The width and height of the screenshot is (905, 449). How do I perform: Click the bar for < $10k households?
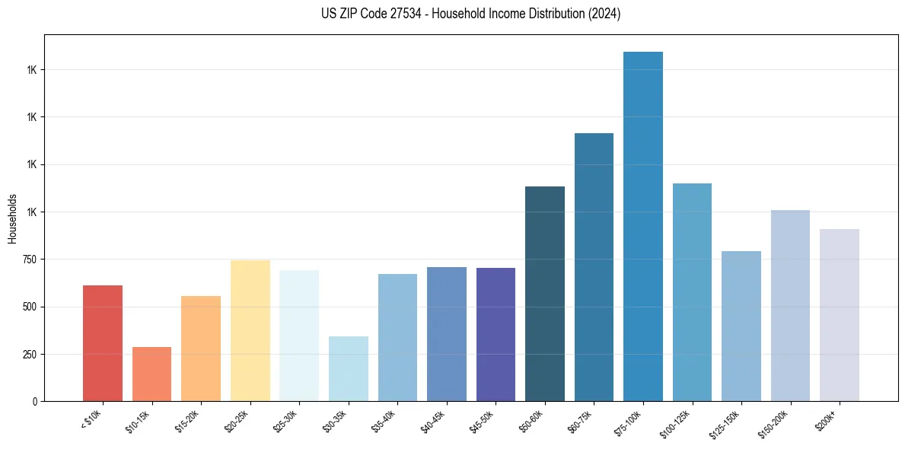click(103, 343)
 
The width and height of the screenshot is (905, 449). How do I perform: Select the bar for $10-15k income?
click(151, 374)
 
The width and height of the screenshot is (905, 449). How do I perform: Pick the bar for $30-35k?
click(349, 368)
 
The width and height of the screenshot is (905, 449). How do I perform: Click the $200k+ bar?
click(840, 315)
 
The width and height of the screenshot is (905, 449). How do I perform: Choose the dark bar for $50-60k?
click(545, 294)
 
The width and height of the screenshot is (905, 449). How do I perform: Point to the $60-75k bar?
click(594, 267)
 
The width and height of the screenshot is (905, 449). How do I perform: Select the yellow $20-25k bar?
click(250, 330)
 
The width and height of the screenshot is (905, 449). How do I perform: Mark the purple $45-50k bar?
click(496, 334)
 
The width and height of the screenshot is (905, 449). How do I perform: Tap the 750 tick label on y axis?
click(29, 260)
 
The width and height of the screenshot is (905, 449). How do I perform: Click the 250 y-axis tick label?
click(29, 355)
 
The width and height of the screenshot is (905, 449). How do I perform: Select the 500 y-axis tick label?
click(29, 307)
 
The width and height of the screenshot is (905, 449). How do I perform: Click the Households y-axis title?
click(12, 218)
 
